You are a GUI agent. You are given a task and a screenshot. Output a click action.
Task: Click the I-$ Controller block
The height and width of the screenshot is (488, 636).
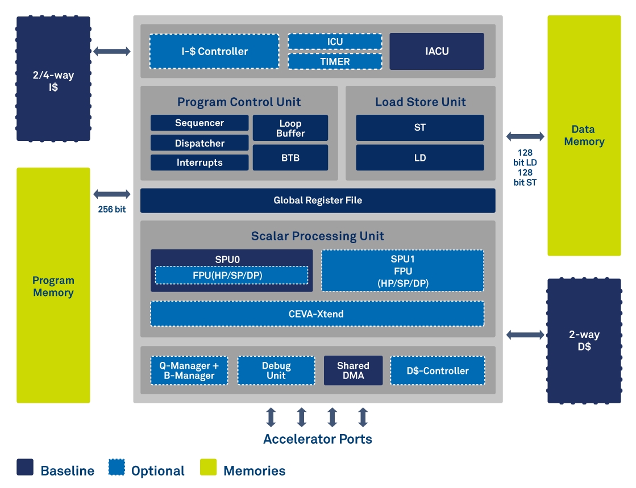214,52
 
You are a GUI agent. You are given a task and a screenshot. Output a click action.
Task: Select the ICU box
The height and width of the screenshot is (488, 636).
335,41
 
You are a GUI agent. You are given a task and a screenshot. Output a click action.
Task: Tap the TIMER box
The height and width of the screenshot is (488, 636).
335,61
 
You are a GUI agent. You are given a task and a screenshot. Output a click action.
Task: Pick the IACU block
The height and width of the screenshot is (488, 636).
437,52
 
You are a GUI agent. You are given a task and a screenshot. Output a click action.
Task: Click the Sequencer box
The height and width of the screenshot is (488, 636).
199,123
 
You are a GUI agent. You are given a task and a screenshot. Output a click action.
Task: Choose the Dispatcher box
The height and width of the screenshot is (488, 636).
199,143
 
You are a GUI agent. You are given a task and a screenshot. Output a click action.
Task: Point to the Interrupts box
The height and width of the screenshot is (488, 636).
199,162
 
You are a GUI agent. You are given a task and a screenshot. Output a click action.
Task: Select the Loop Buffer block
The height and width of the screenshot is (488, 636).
290,128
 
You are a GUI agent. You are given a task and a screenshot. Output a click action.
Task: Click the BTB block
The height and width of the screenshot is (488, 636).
290,158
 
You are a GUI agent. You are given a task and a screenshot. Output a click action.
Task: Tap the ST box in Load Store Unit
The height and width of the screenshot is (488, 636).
420,128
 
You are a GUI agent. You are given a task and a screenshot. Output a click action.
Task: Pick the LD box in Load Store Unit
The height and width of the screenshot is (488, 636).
420,158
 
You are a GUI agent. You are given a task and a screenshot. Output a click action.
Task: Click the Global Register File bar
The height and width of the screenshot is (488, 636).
318,201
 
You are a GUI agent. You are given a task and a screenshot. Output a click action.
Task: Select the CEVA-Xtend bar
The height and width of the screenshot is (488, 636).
317,314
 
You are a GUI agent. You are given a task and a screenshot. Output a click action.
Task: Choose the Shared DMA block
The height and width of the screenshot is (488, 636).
353,370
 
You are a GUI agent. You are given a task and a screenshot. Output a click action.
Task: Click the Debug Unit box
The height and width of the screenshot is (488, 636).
276,370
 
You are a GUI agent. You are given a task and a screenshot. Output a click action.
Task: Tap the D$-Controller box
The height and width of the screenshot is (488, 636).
438,370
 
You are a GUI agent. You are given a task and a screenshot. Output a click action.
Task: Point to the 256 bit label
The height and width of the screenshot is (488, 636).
111,210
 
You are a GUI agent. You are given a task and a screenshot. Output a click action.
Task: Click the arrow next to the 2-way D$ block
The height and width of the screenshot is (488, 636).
525,335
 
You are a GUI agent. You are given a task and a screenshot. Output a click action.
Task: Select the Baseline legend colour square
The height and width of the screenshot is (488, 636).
25,467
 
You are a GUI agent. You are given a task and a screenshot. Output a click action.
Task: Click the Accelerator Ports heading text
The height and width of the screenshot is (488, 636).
318,439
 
